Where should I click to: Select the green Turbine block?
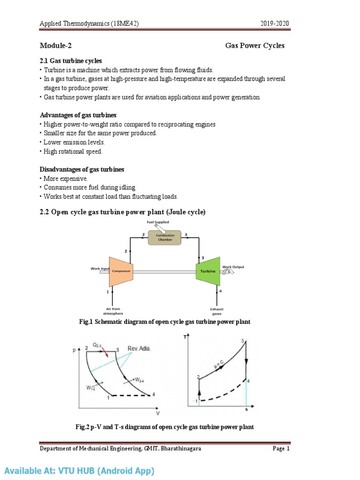point(208,271)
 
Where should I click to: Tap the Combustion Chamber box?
point(165,237)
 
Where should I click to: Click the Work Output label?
point(233,267)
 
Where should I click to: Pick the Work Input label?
point(100,269)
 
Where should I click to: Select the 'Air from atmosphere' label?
point(112,311)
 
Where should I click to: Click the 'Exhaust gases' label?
point(217,311)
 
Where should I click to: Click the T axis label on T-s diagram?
point(186,337)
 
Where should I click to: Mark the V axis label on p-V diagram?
point(157,413)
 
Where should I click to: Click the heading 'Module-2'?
point(55,45)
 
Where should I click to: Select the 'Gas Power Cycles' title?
point(255,45)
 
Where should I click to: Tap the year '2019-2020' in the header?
point(278,24)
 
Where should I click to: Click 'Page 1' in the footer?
point(281,449)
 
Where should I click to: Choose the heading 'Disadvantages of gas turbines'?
point(82,169)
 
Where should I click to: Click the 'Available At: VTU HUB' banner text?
point(79,470)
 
